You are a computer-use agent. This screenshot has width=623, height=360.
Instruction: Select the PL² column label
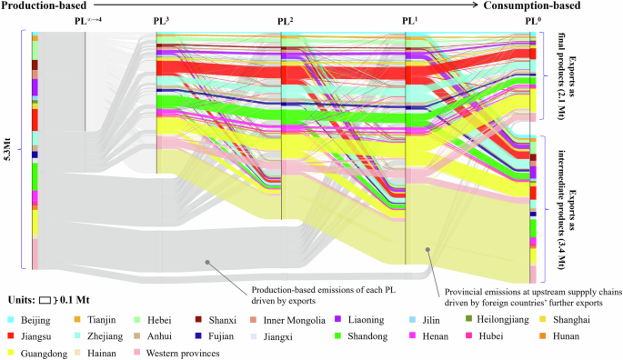(285, 19)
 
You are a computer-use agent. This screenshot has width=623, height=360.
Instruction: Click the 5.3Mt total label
(9, 150)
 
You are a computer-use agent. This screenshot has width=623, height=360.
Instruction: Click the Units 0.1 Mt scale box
(46, 299)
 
